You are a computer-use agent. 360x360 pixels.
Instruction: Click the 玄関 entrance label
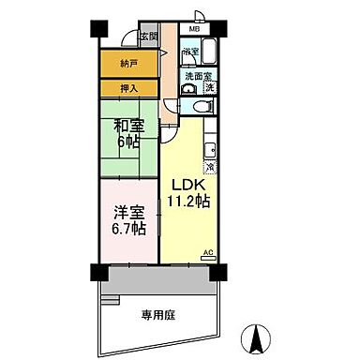(148, 36)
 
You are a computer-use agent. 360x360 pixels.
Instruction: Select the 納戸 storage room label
(128, 64)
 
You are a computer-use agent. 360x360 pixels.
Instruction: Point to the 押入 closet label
(128, 88)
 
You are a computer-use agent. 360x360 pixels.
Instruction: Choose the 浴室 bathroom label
(189, 51)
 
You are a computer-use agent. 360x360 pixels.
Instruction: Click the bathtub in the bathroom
(207, 52)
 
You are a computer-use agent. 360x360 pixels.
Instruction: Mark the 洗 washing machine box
(210, 88)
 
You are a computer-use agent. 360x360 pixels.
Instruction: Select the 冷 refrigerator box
(210, 167)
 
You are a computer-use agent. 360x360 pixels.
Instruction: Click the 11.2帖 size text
(187, 202)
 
